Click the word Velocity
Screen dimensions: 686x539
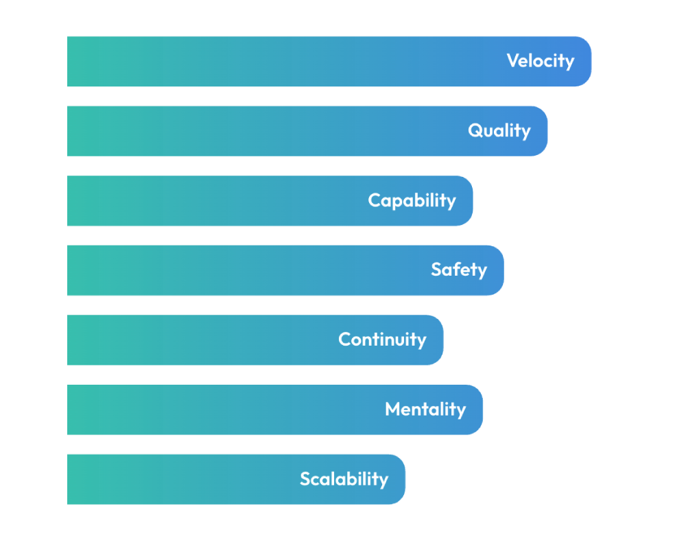click(x=541, y=61)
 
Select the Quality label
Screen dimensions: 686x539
click(x=499, y=131)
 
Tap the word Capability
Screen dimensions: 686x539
click(x=412, y=201)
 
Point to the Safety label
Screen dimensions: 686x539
click(x=459, y=270)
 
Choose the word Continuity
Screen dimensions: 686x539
click(x=382, y=340)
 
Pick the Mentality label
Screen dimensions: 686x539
click(x=425, y=409)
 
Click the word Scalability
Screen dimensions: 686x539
click(x=344, y=479)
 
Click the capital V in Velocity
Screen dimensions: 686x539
click(x=513, y=61)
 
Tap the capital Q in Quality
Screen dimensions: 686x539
click(x=475, y=130)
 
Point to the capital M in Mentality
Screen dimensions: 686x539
click(x=393, y=409)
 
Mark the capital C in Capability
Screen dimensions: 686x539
click(x=375, y=200)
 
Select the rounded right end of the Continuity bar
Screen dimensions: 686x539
click(x=437, y=340)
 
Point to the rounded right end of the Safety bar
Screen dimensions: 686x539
click(x=497, y=270)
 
